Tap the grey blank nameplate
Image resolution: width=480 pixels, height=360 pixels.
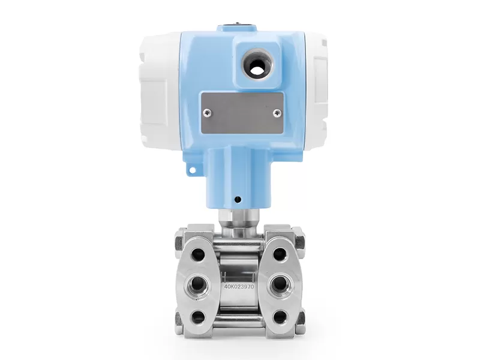pos(242,113)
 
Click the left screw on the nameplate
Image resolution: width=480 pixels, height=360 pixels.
pos(208,113)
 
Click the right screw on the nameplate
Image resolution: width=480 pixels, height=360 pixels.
pos(277,113)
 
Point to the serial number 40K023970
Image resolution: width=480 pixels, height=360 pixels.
pos(239,287)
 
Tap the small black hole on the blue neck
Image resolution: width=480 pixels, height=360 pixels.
pos(237,200)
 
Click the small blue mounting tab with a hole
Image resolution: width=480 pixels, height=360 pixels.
pos(193,169)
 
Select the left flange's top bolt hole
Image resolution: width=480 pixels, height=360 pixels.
pos(197,253)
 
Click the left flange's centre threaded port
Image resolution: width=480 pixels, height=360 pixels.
pos(197,284)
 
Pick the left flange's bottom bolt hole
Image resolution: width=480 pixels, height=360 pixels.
pos(197,315)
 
